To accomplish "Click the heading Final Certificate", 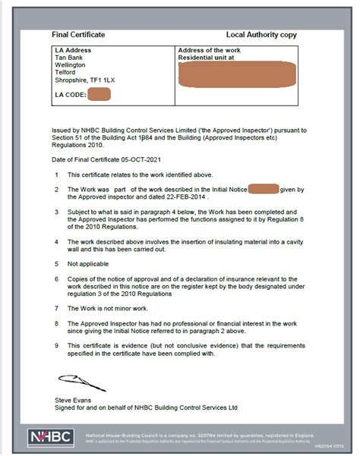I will pyautogui.click(x=77, y=35).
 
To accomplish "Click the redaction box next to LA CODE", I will pyautogui.click(x=99, y=95).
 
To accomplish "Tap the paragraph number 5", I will pyautogui.click(x=57, y=265).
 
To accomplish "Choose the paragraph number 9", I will pyautogui.click(x=57, y=346).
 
